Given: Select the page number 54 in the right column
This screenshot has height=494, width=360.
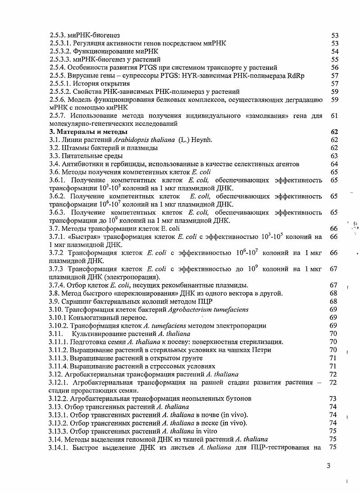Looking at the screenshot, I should coord(334,51).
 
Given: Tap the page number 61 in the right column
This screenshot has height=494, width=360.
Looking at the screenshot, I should coord(334,116).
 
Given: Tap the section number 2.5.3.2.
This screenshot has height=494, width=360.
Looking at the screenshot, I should coord(61,51).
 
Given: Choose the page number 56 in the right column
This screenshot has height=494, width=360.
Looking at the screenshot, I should coord(334,68).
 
